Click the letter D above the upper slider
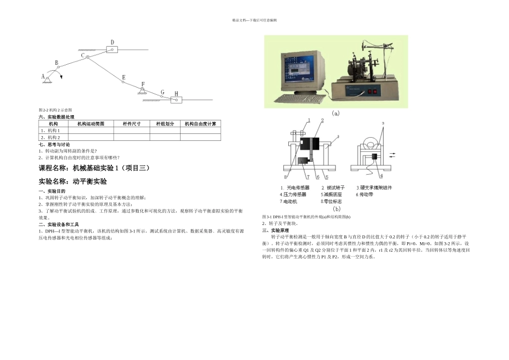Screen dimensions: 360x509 coord(112,42)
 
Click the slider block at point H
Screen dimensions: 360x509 coord(176,99)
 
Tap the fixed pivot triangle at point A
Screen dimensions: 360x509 coord(48,80)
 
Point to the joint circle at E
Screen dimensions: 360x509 coord(119,82)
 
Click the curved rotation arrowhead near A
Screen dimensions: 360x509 coord(62,77)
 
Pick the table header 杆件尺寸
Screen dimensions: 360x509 coord(131,124)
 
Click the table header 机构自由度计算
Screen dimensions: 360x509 coord(200,124)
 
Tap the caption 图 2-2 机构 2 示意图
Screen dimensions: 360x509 coord(55,110)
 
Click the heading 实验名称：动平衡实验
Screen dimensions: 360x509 coord(73,182)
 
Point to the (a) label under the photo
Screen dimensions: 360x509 coord(336,113)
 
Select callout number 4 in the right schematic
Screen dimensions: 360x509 coord(381,176)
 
